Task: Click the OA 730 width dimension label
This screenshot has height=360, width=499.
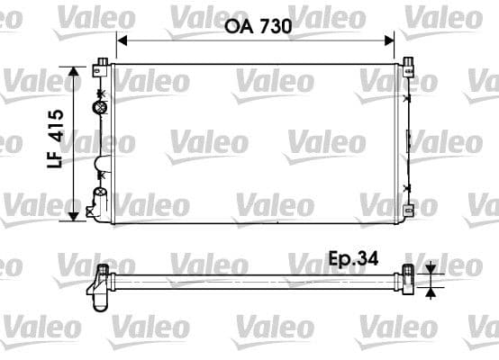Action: (258, 27)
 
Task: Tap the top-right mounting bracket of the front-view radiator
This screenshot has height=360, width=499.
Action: (408, 63)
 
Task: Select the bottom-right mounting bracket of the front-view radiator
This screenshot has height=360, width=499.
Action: (409, 212)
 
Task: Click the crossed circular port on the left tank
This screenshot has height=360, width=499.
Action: (99, 107)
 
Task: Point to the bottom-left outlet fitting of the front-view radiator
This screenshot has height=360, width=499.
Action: (93, 209)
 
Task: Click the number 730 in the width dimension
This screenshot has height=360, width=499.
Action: (276, 27)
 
